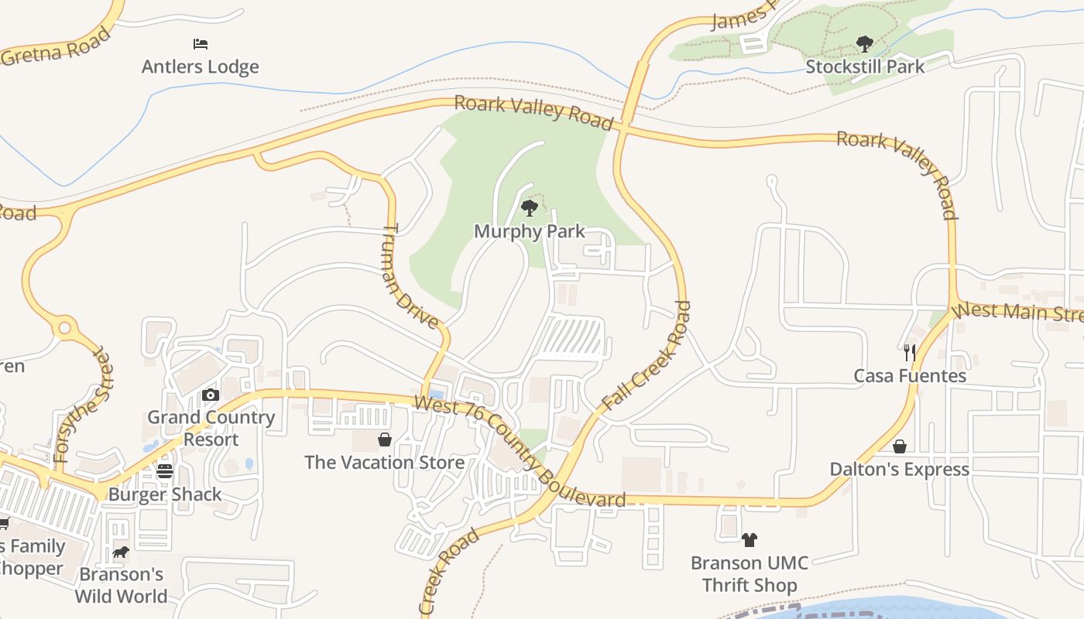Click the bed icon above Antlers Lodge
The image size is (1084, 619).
(201, 44)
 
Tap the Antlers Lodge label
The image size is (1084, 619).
(200, 67)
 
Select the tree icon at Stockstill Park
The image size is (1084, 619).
(864, 44)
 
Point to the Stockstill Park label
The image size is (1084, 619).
(865, 67)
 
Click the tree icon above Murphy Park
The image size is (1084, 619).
(530, 207)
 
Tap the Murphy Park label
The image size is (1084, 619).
(530, 231)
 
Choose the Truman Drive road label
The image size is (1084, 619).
(410, 276)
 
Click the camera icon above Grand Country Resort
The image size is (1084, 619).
(210, 395)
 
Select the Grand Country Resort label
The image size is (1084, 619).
(211, 428)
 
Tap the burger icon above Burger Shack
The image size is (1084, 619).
(165, 471)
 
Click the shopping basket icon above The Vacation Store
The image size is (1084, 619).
(385, 440)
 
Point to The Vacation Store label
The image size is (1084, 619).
(385, 463)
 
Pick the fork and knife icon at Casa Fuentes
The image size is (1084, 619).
(910, 353)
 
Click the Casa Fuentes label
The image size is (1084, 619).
(910, 376)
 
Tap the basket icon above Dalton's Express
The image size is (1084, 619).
(900, 446)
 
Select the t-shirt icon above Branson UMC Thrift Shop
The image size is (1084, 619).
(749, 540)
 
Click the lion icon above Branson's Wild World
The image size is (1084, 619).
(121, 552)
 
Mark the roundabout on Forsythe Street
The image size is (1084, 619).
(65, 328)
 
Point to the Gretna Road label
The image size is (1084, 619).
(57, 48)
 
